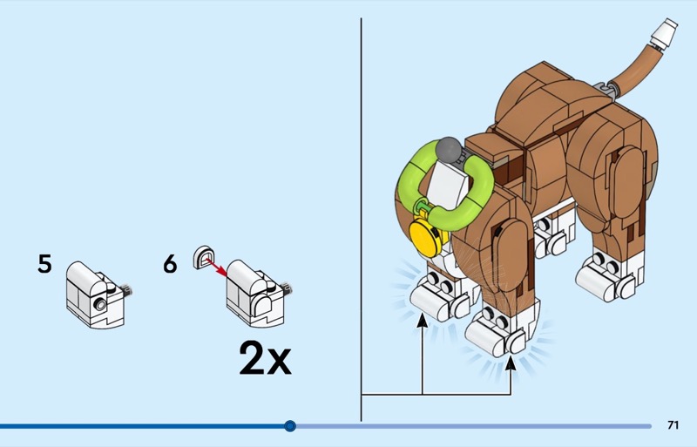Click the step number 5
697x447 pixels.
44,264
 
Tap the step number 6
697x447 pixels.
170,264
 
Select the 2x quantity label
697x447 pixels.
265,358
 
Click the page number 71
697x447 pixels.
673,425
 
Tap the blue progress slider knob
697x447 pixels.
290,426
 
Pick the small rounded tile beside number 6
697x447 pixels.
204,257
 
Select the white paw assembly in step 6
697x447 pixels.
259,293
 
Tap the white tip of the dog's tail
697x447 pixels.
664,33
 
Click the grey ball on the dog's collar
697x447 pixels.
449,151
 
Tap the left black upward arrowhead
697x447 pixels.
423,320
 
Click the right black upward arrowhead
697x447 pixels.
511,363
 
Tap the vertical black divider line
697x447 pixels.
361,220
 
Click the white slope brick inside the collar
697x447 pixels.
449,186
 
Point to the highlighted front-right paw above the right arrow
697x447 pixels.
497,331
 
